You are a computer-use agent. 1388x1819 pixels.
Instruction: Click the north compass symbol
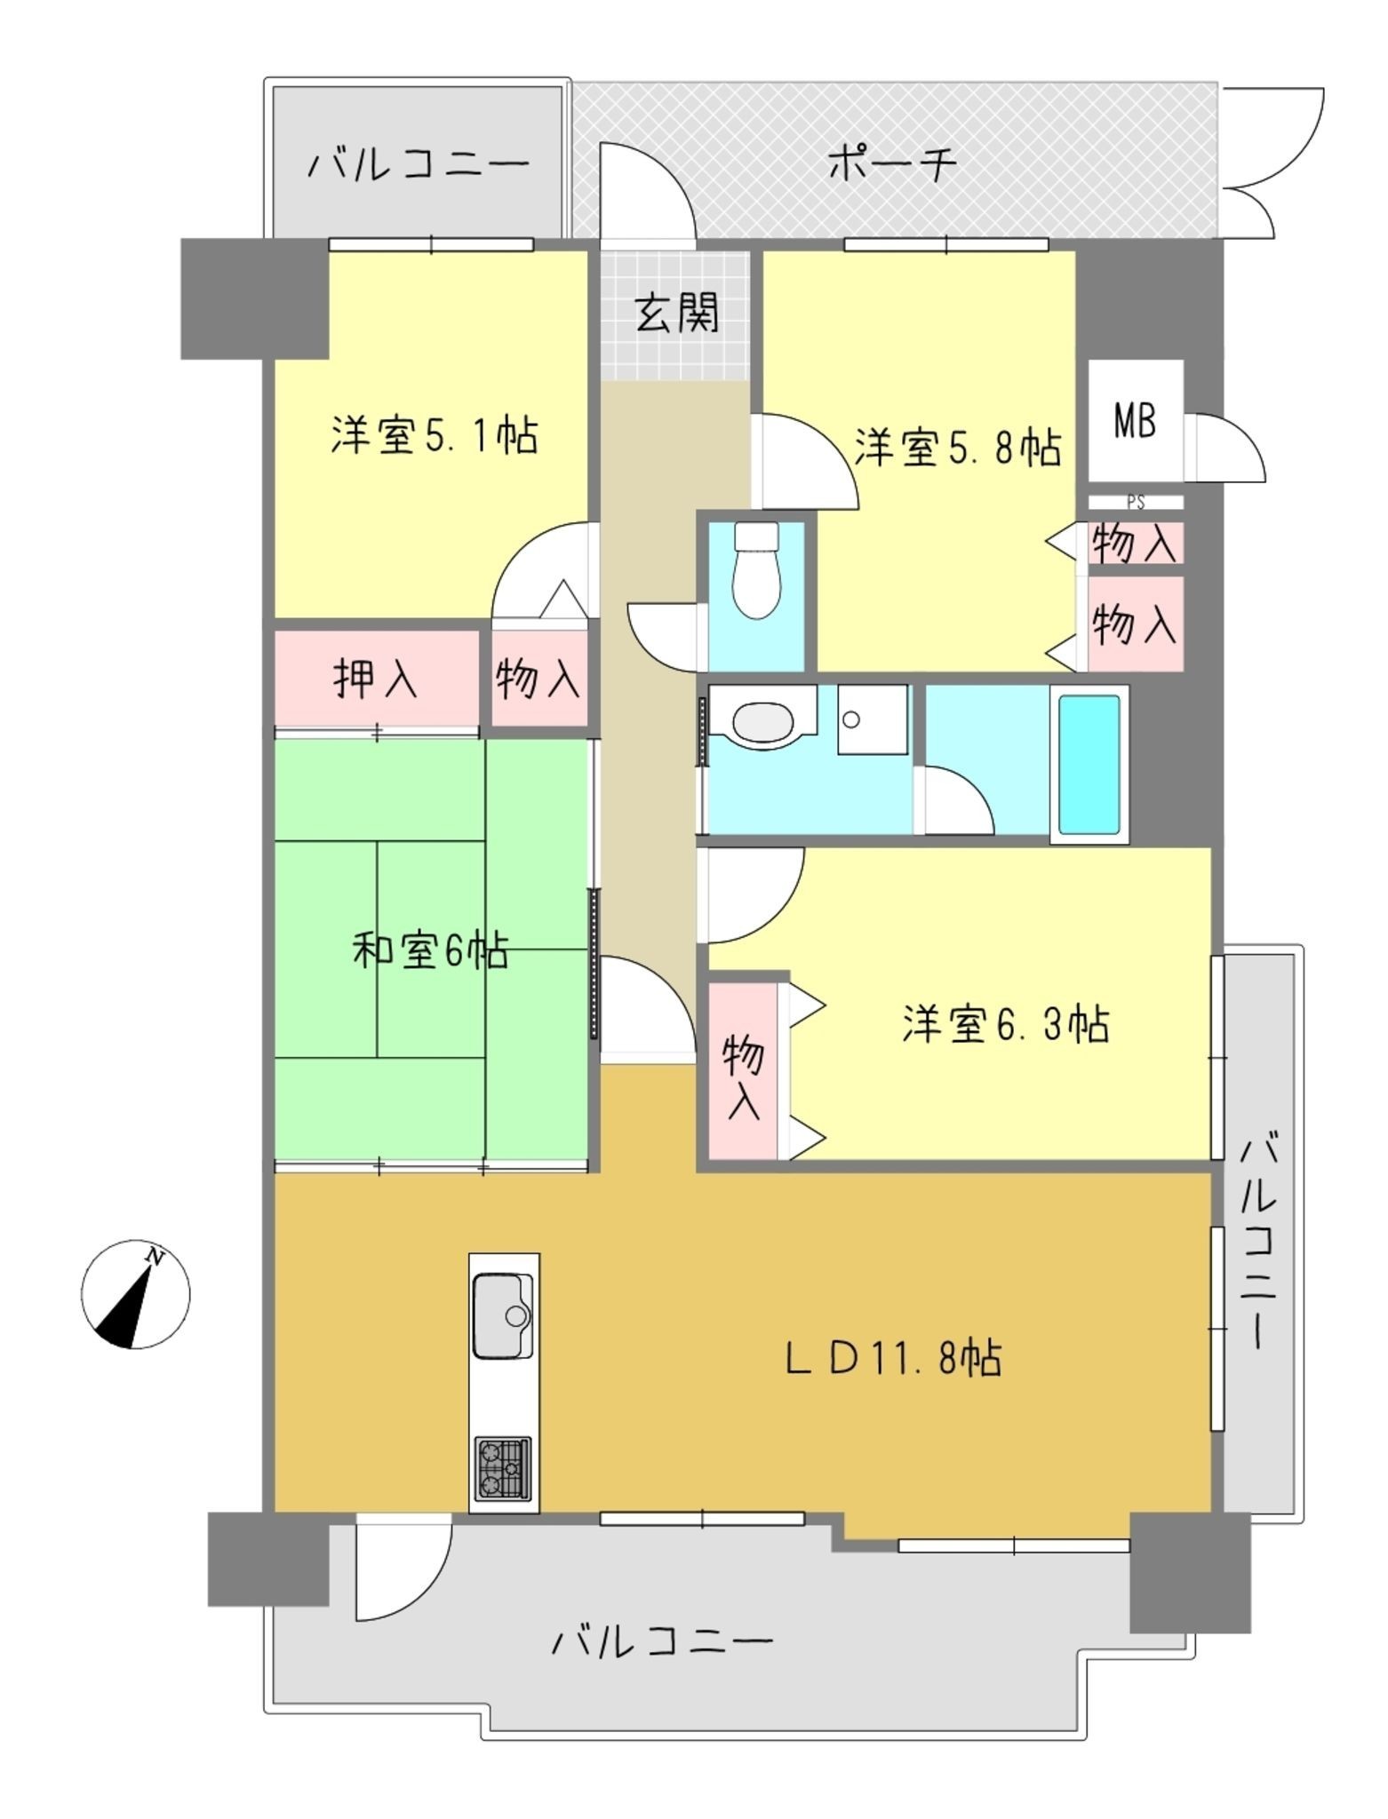[x=135, y=1294]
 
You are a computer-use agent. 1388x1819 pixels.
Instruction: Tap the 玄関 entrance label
[x=677, y=313]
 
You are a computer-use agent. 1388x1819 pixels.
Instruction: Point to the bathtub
[x=1089, y=763]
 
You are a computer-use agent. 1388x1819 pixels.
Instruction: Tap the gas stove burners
[x=504, y=1467]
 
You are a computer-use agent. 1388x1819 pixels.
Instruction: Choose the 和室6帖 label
[x=430, y=951]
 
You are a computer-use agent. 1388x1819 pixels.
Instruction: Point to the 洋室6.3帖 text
[x=1005, y=1024]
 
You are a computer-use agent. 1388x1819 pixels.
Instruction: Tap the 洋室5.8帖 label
[x=958, y=447]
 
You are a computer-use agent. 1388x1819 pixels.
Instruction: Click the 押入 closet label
[x=375, y=679]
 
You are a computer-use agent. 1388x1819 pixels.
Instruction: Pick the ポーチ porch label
[x=892, y=164]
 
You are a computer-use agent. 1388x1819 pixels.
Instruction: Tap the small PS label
[x=1135, y=502]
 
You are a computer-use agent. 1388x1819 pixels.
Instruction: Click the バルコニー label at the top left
[x=418, y=164]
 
